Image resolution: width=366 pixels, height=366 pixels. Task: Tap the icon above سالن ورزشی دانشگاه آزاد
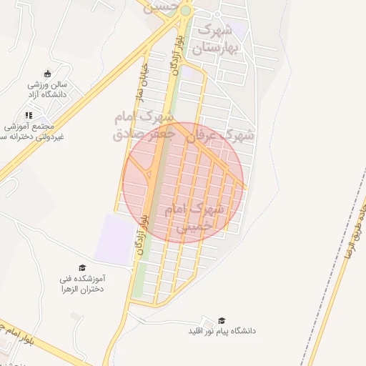[47, 73]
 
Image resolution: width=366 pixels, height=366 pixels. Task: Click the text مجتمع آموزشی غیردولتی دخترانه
[31, 131]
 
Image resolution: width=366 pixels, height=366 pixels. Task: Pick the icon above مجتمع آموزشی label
[29, 114]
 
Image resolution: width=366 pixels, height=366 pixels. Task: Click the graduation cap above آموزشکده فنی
[81, 267]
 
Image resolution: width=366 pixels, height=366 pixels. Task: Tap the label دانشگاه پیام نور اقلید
[222, 332]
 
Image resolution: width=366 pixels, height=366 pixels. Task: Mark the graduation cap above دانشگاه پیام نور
[222, 320]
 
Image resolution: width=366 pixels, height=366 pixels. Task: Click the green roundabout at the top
[185, 11]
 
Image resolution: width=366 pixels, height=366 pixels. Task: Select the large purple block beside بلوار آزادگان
[114, 239]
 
